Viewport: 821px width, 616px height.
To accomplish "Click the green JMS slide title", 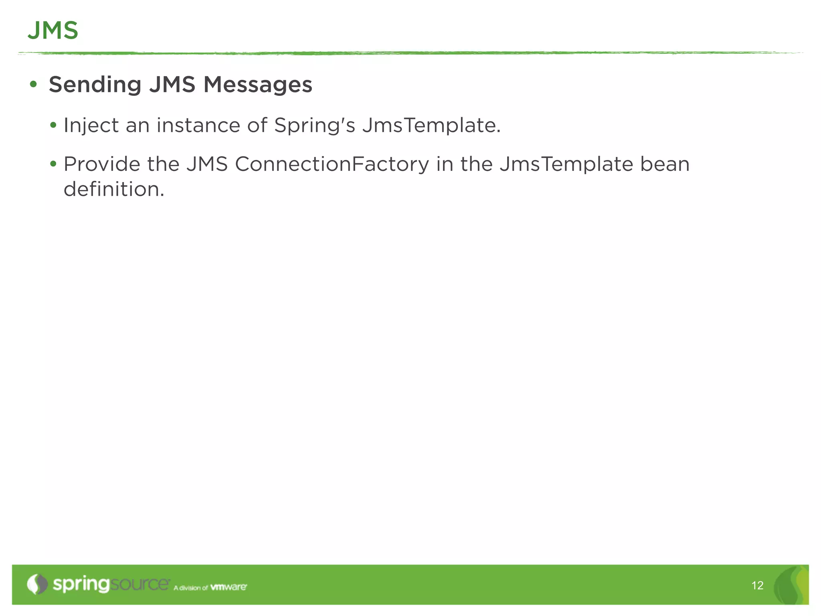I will [53, 30].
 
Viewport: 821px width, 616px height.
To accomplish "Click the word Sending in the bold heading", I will [95, 85].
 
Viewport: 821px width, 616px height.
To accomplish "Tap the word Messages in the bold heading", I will [258, 85].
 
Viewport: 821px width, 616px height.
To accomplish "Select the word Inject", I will [91, 126].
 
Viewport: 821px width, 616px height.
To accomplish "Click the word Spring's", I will [314, 126].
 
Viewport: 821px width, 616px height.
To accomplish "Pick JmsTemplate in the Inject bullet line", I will [431, 126].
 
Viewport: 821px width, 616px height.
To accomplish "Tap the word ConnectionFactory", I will [332, 164].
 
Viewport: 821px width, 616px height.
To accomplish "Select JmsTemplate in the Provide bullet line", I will [566, 164].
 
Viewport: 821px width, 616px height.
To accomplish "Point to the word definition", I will [114, 189].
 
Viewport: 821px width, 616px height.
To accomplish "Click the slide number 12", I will [757, 586].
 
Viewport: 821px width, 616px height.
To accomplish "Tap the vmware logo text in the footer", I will [229, 587].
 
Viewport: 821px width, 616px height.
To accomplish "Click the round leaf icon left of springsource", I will [37, 584].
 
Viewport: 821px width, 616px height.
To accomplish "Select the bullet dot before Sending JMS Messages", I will [33, 85].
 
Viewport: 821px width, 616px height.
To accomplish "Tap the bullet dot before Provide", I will [53, 164].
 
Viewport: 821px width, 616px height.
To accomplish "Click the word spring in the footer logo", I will [81, 585].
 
